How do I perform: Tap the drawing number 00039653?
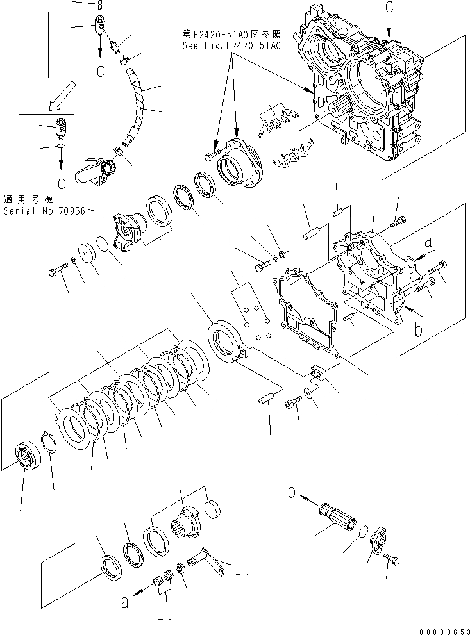tap(441, 629)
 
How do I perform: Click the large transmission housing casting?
tap(365, 96)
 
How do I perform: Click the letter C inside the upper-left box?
tap(100, 72)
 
